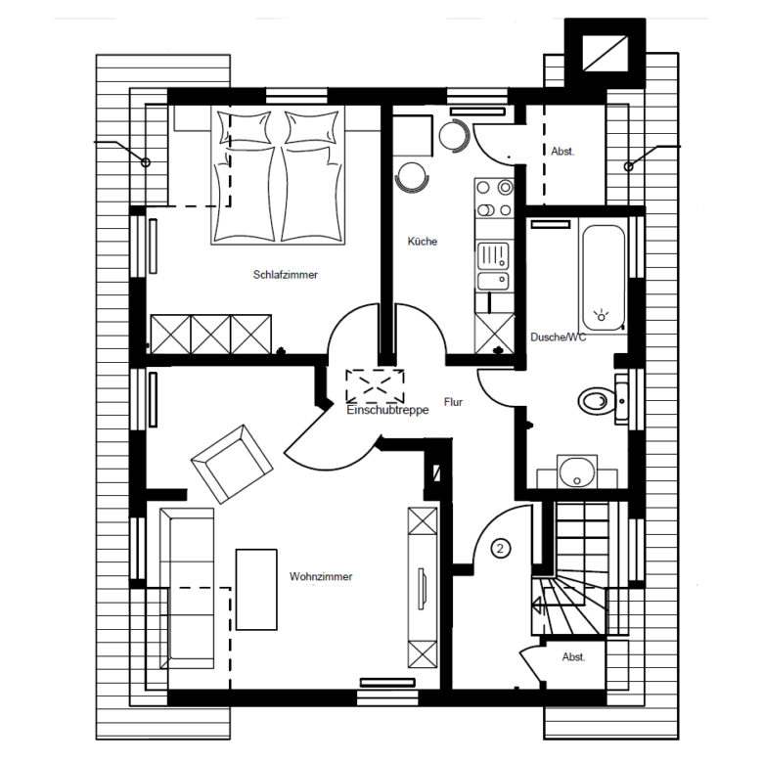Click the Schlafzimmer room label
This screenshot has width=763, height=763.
click(x=286, y=275)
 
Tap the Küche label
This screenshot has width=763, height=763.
click(x=423, y=242)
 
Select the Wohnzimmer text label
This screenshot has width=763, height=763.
click(x=321, y=576)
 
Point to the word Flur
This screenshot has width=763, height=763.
click(x=453, y=402)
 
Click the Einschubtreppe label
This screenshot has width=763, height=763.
click(x=387, y=410)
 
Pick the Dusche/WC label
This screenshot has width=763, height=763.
click(x=559, y=337)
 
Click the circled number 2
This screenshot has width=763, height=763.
click(x=500, y=549)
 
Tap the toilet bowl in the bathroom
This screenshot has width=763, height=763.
click(x=597, y=401)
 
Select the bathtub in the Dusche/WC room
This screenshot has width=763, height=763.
click(x=603, y=278)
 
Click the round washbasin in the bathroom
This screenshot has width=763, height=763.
click(x=577, y=471)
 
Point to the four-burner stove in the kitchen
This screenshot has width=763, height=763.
click(x=494, y=199)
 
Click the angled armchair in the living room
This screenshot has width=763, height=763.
click(x=232, y=464)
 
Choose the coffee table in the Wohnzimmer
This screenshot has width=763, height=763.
click(x=256, y=590)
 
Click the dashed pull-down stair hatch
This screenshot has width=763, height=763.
click(x=375, y=386)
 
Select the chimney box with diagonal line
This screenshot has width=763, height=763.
click(x=605, y=54)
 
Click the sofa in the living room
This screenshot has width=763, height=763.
click(x=187, y=589)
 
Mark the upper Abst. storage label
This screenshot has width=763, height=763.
click(x=562, y=152)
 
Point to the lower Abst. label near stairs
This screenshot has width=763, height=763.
click(x=573, y=657)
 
